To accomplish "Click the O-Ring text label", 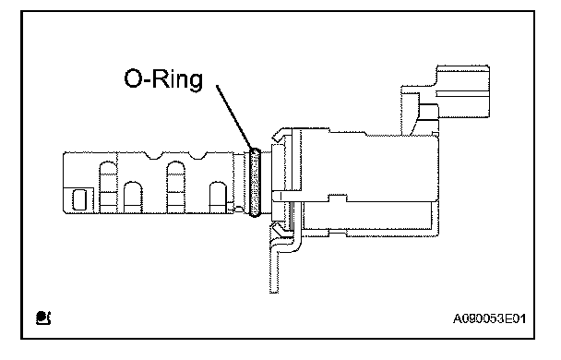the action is click(163, 79).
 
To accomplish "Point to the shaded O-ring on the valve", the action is click(255, 183).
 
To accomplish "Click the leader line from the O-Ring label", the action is click(234, 117).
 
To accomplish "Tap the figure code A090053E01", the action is click(489, 318).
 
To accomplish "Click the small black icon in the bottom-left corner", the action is click(43, 318).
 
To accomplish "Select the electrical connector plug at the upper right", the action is click(462, 91).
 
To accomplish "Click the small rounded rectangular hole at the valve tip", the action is click(79, 199).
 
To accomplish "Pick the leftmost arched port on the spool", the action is click(108, 187).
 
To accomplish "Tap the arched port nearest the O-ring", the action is click(218, 198).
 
